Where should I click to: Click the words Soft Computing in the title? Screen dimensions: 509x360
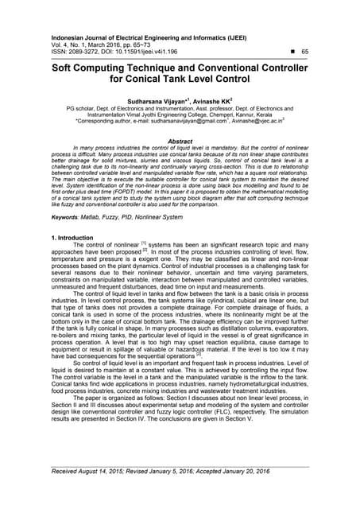coord(91,68)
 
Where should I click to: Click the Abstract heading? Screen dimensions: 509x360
coord(180,141)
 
